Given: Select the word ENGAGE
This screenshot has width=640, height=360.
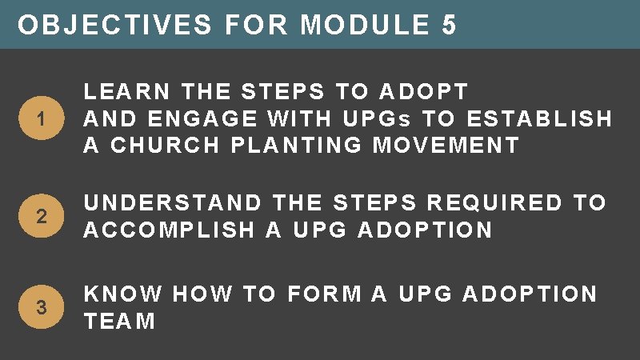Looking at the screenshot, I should click(x=198, y=119).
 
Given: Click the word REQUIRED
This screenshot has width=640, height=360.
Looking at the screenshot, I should click(x=480, y=203).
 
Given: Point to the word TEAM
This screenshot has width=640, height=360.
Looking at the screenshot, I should click(x=120, y=322).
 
